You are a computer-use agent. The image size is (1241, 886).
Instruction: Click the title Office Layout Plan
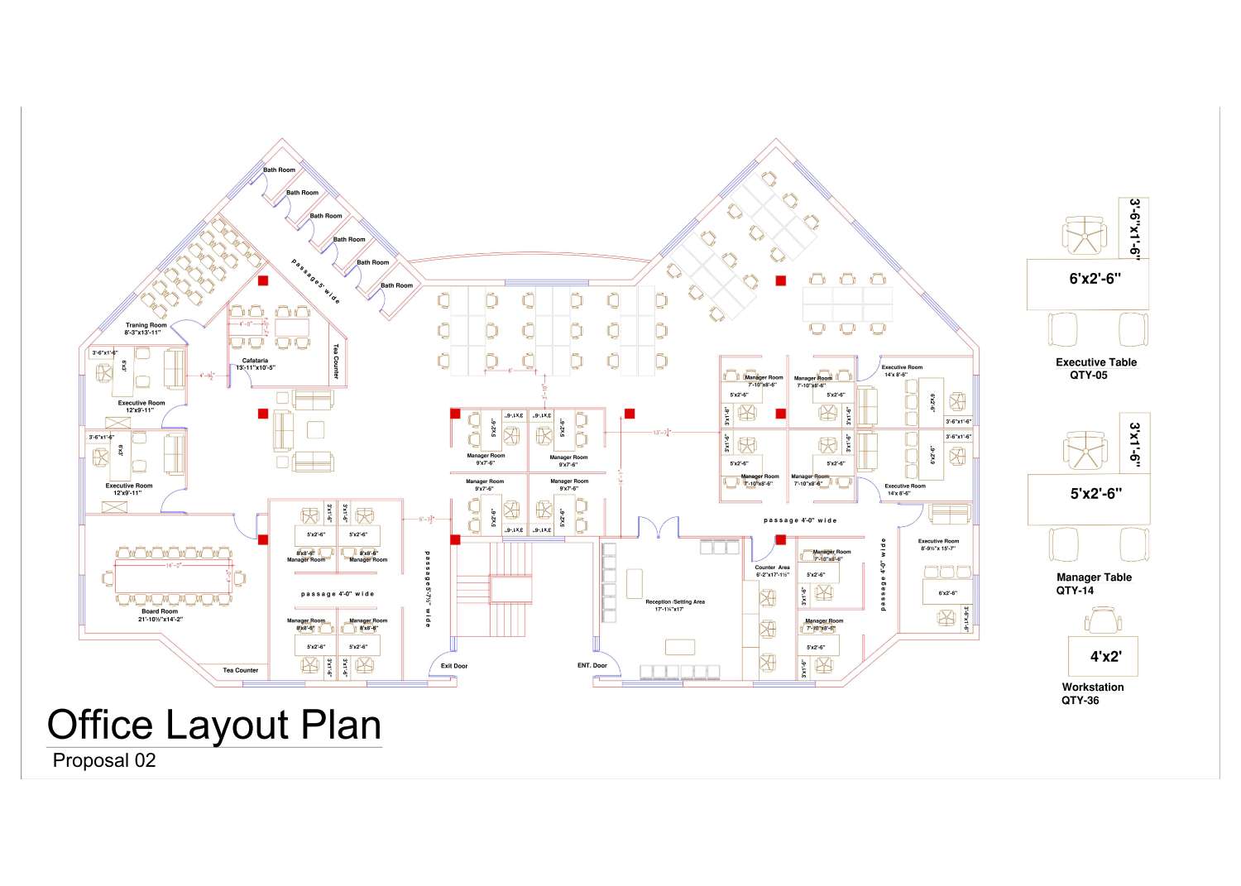[214, 725]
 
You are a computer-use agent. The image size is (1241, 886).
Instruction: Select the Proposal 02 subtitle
[103, 760]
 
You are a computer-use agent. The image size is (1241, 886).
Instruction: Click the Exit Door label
[453, 666]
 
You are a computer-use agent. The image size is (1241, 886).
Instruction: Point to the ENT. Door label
[592, 665]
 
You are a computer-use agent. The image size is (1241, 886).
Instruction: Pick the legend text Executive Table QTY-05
[1095, 368]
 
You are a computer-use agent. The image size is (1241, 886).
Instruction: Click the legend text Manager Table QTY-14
[1093, 583]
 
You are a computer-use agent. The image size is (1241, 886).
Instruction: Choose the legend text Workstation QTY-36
[1092, 693]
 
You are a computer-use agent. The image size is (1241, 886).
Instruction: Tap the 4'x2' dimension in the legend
[1104, 657]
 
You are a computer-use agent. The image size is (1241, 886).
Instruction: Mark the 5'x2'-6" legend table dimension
[1095, 494]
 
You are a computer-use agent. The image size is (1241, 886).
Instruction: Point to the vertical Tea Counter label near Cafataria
[336, 362]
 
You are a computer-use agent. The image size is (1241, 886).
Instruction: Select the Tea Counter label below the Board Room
[240, 670]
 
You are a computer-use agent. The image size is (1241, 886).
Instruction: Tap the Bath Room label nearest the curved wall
[396, 285]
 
